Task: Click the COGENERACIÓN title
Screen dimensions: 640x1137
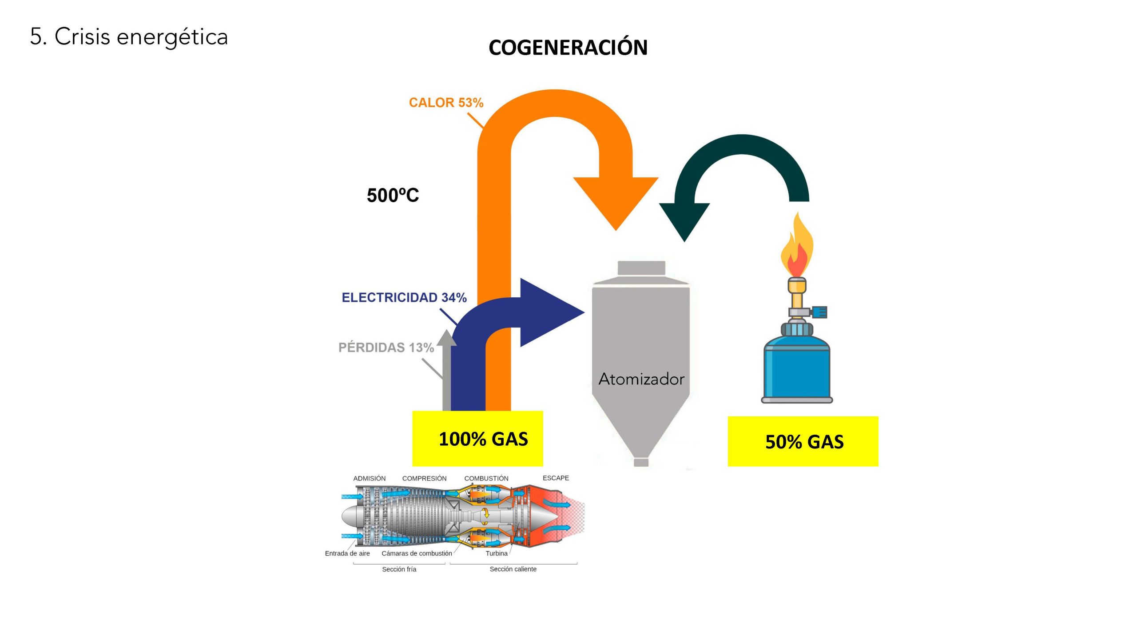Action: click(568, 48)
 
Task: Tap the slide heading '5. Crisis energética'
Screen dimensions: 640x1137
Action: click(129, 36)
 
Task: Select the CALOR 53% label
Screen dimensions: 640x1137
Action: click(446, 103)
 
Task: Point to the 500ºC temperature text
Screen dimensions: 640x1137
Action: click(393, 196)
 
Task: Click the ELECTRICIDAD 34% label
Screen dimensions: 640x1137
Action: click(404, 297)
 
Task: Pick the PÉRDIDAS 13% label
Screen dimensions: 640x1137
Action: click(386, 347)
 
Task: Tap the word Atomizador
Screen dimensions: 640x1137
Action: click(641, 379)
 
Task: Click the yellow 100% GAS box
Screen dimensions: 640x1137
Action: click(477, 438)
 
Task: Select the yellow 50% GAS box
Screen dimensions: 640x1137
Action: click(803, 441)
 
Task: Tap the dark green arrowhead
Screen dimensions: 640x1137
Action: click(684, 220)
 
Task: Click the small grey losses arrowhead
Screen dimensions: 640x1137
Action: click(446, 338)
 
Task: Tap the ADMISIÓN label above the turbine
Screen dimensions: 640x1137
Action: click(369, 478)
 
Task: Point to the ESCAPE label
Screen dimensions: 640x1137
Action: click(556, 478)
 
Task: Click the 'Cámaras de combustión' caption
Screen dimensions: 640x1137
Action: click(417, 553)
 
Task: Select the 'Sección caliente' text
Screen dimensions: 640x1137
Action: click(513, 569)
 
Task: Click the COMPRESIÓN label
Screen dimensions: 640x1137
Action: click(424, 478)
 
